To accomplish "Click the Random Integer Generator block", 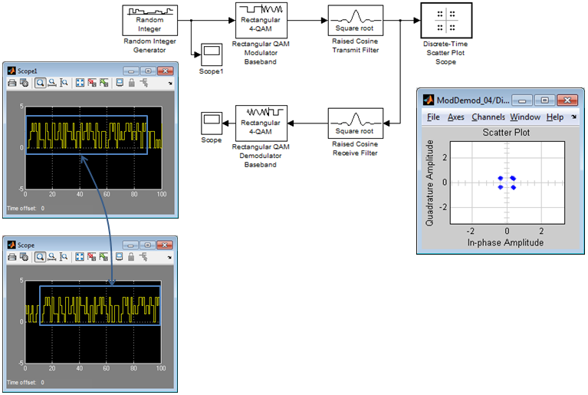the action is pyautogui.click(x=150, y=20).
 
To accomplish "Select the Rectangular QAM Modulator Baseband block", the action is pyautogui.click(x=261, y=20).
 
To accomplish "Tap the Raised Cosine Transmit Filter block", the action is pyautogui.click(x=356, y=20).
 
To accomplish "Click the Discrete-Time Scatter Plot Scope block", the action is pyautogui.click(x=446, y=20).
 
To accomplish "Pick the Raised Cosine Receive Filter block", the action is pyautogui.click(x=356, y=123).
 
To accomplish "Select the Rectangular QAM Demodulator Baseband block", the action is pyautogui.click(x=261, y=123).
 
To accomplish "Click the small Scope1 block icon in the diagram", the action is pyautogui.click(x=212, y=54).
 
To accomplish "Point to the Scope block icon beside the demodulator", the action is pyautogui.click(x=212, y=123).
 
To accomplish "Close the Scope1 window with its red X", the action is pyautogui.click(x=165, y=71).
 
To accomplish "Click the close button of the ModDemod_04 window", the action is pyautogui.click(x=567, y=100).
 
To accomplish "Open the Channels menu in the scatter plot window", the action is pyautogui.click(x=488, y=117).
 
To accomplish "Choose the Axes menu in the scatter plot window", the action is pyautogui.click(x=456, y=117).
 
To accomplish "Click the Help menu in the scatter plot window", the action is pyautogui.click(x=555, y=117).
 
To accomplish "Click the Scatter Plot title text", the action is pyautogui.click(x=506, y=133).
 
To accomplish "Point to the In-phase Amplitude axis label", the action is pyautogui.click(x=505, y=242).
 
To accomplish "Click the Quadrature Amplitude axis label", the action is pyautogui.click(x=430, y=183).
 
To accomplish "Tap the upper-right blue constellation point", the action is pyautogui.click(x=513, y=178).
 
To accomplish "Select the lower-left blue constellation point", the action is pyautogui.click(x=501, y=187).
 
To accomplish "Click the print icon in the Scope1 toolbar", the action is pyautogui.click(x=12, y=83).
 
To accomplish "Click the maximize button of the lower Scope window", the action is pyautogui.click(x=148, y=245).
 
